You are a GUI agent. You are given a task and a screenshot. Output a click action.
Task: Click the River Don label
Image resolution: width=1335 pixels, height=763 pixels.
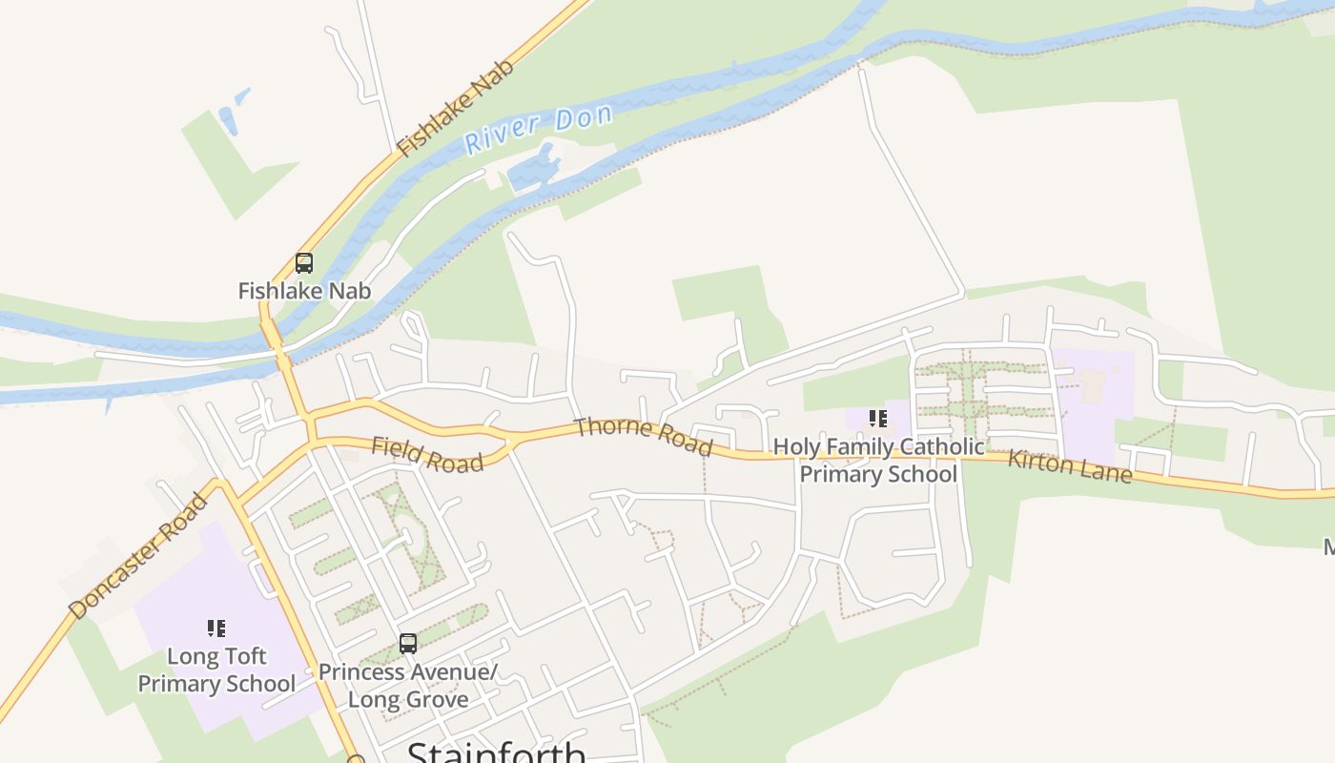538,130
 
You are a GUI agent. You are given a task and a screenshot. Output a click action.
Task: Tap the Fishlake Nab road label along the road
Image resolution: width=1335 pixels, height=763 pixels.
456,107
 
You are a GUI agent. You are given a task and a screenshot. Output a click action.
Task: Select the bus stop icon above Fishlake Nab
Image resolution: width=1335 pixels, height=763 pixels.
304,262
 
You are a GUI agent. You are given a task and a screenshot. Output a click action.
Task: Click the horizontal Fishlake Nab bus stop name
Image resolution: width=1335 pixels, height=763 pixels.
304,290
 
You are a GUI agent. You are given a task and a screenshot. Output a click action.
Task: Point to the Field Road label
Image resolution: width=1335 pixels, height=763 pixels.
427,454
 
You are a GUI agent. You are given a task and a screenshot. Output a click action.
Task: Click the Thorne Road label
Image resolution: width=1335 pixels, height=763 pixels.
643,435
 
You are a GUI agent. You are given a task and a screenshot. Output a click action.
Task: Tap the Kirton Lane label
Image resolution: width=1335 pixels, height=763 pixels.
1070,465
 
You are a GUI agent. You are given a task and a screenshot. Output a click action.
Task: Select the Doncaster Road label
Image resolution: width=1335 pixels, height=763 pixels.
138,555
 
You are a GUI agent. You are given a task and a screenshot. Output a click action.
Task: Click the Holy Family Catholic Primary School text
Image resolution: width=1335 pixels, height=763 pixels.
878,460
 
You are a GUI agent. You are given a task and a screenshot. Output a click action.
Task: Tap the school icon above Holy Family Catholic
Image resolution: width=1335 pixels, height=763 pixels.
878,418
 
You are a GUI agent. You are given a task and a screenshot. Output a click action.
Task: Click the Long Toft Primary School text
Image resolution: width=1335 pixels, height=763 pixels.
216,670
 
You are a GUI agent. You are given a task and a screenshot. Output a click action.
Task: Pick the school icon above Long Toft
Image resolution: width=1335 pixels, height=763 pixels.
216,628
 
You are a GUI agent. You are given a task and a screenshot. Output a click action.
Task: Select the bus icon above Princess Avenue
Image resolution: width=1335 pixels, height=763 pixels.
408,644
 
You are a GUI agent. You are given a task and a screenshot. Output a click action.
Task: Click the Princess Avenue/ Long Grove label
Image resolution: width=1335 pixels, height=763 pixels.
408,685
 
